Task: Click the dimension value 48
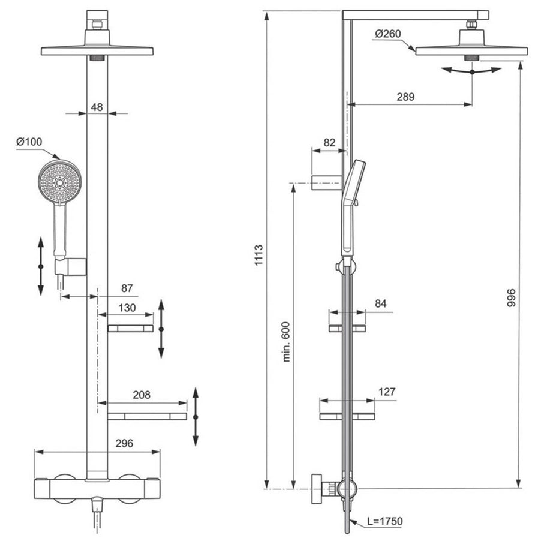pos(97,107)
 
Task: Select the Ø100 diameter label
pos(29,142)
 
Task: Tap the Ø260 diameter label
pos(388,35)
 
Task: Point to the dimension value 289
pos(405,97)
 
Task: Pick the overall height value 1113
pos(257,255)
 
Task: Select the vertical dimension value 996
pos(510,299)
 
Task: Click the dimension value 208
pos(142,395)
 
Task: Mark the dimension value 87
pos(127,288)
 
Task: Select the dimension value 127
pos(387,392)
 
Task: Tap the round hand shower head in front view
pos(59,180)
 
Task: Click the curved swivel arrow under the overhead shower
pos(471,71)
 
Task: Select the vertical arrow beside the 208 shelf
pos(196,417)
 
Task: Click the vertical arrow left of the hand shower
pos(40,266)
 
